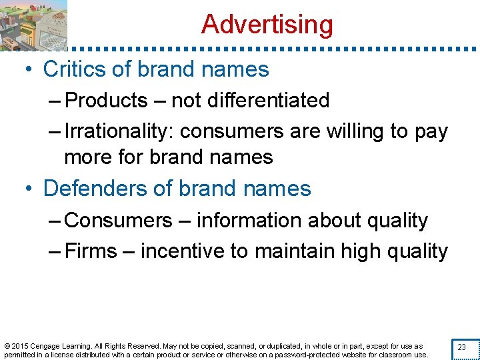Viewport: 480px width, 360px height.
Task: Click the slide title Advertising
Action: [267, 25]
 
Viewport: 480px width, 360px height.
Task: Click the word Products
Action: [107, 101]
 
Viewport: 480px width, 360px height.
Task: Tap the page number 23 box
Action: [461, 347]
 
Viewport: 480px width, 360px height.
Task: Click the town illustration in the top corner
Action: [33, 25]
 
